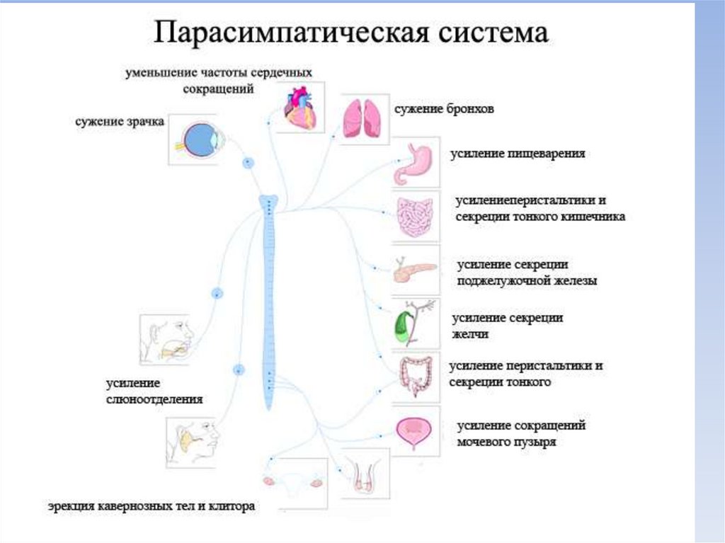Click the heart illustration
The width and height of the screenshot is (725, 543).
tap(300, 107)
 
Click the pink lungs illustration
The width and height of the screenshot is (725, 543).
tap(362, 118)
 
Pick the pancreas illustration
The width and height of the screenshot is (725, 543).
tap(413, 270)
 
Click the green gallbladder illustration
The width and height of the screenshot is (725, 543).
tap(403, 324)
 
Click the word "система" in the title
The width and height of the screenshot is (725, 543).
tap(495, 33)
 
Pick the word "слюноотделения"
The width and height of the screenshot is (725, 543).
tap(154, 399)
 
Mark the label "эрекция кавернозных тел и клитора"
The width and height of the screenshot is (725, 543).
tap(152, 507)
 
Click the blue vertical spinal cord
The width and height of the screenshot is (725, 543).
tap(270, 297)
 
